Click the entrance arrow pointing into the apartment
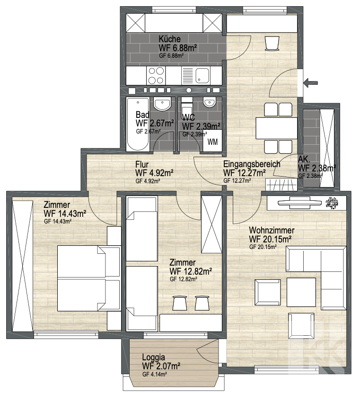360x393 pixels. [x=310, y=82]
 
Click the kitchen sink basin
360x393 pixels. [x=202, y=75]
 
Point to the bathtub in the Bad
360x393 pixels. [x=138, y=124]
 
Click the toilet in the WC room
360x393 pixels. [x=186, y=108]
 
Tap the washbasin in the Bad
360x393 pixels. [x=162, y=104]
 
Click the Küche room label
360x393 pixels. [x=169, y=39]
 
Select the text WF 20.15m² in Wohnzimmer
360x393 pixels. [x=270, y=239]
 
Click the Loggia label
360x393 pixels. [x=153, y=357]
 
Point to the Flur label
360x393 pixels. [x=142, y=164]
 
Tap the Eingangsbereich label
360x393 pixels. [x=252, y=164]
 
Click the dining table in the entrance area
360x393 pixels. [x=276, y=128]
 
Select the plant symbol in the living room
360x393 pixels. [x=332, y=203]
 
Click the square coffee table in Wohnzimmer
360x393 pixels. [x=301, y=292]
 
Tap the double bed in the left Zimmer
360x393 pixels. [x=88, y=278]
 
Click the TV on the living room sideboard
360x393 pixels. [x=299, y=203]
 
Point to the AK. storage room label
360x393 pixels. [x=304, y=159]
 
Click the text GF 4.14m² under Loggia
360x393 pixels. [x=155, y=375]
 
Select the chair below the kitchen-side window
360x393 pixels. [x=272, y=44]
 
